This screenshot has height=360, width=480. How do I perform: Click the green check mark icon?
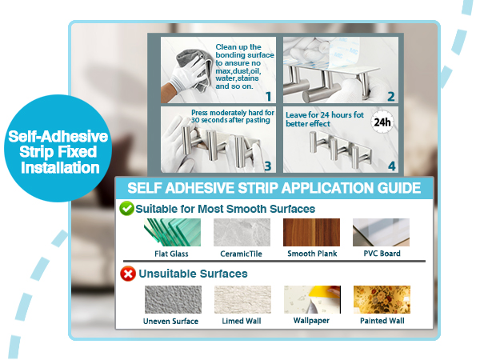(126, 209)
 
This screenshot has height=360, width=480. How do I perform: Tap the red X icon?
(128, 274)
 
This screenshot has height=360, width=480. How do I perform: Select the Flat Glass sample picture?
(172, 232)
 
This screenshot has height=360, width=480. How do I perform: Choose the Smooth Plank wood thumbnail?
(311, 232)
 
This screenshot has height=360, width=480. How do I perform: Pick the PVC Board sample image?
(381, 232)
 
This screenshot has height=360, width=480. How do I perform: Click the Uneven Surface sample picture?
(173, 300)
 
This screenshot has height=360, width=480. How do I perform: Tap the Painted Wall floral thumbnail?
(382, 300)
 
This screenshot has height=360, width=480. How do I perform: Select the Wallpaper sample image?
(312, 300)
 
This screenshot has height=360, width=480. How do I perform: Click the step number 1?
(269, 97)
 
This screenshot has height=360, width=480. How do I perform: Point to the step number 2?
(391, 97)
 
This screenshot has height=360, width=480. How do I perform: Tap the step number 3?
(268, 166)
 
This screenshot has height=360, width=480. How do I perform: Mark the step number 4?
(392, 166)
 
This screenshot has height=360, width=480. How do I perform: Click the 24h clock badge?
(382, 122)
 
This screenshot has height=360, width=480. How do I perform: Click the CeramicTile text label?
(242, 254)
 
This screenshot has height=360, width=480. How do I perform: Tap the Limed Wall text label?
(242, 321)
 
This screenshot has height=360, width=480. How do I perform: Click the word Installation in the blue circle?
(60, 168)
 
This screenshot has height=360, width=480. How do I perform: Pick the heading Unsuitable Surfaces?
(193, 274)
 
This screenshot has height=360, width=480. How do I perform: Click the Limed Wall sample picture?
(242, 300)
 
